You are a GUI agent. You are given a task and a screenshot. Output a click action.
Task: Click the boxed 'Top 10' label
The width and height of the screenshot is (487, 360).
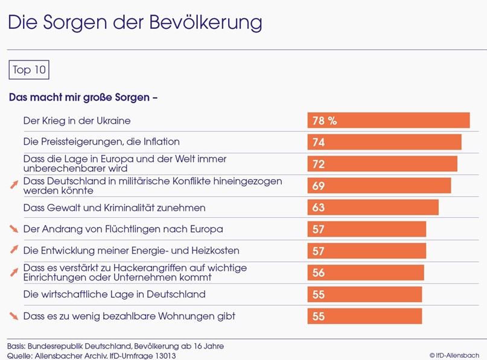coord(28,70)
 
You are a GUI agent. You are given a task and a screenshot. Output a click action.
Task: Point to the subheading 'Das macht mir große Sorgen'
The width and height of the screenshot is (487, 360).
coord(83,96)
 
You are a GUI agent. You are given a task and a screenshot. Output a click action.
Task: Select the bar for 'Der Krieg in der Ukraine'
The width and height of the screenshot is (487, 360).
coord(388,121)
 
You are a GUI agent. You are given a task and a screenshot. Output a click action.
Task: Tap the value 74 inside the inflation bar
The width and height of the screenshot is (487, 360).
coord(319,142)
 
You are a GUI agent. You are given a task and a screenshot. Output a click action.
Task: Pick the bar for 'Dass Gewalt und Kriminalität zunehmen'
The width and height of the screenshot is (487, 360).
coord(372,207)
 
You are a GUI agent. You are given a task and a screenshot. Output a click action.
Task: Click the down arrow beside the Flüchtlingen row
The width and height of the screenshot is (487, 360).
coord(14,229)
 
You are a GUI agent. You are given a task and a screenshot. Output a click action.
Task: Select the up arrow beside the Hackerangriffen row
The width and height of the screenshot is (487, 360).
coord(14,273)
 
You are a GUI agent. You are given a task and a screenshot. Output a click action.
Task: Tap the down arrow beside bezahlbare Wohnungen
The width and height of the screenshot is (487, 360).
coord(14,316)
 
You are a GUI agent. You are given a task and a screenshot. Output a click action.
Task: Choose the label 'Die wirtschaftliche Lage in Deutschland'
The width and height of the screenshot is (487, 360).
coord(114,294)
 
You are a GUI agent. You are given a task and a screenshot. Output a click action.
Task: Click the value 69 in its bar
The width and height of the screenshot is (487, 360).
coord(319,186)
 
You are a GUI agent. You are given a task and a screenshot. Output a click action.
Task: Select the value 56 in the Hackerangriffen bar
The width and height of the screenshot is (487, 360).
coord(319,273)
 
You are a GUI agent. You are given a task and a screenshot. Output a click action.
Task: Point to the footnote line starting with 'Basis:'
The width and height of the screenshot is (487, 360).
coord(115,346)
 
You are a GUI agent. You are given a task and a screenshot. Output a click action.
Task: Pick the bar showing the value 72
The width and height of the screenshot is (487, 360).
coord(382,164)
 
